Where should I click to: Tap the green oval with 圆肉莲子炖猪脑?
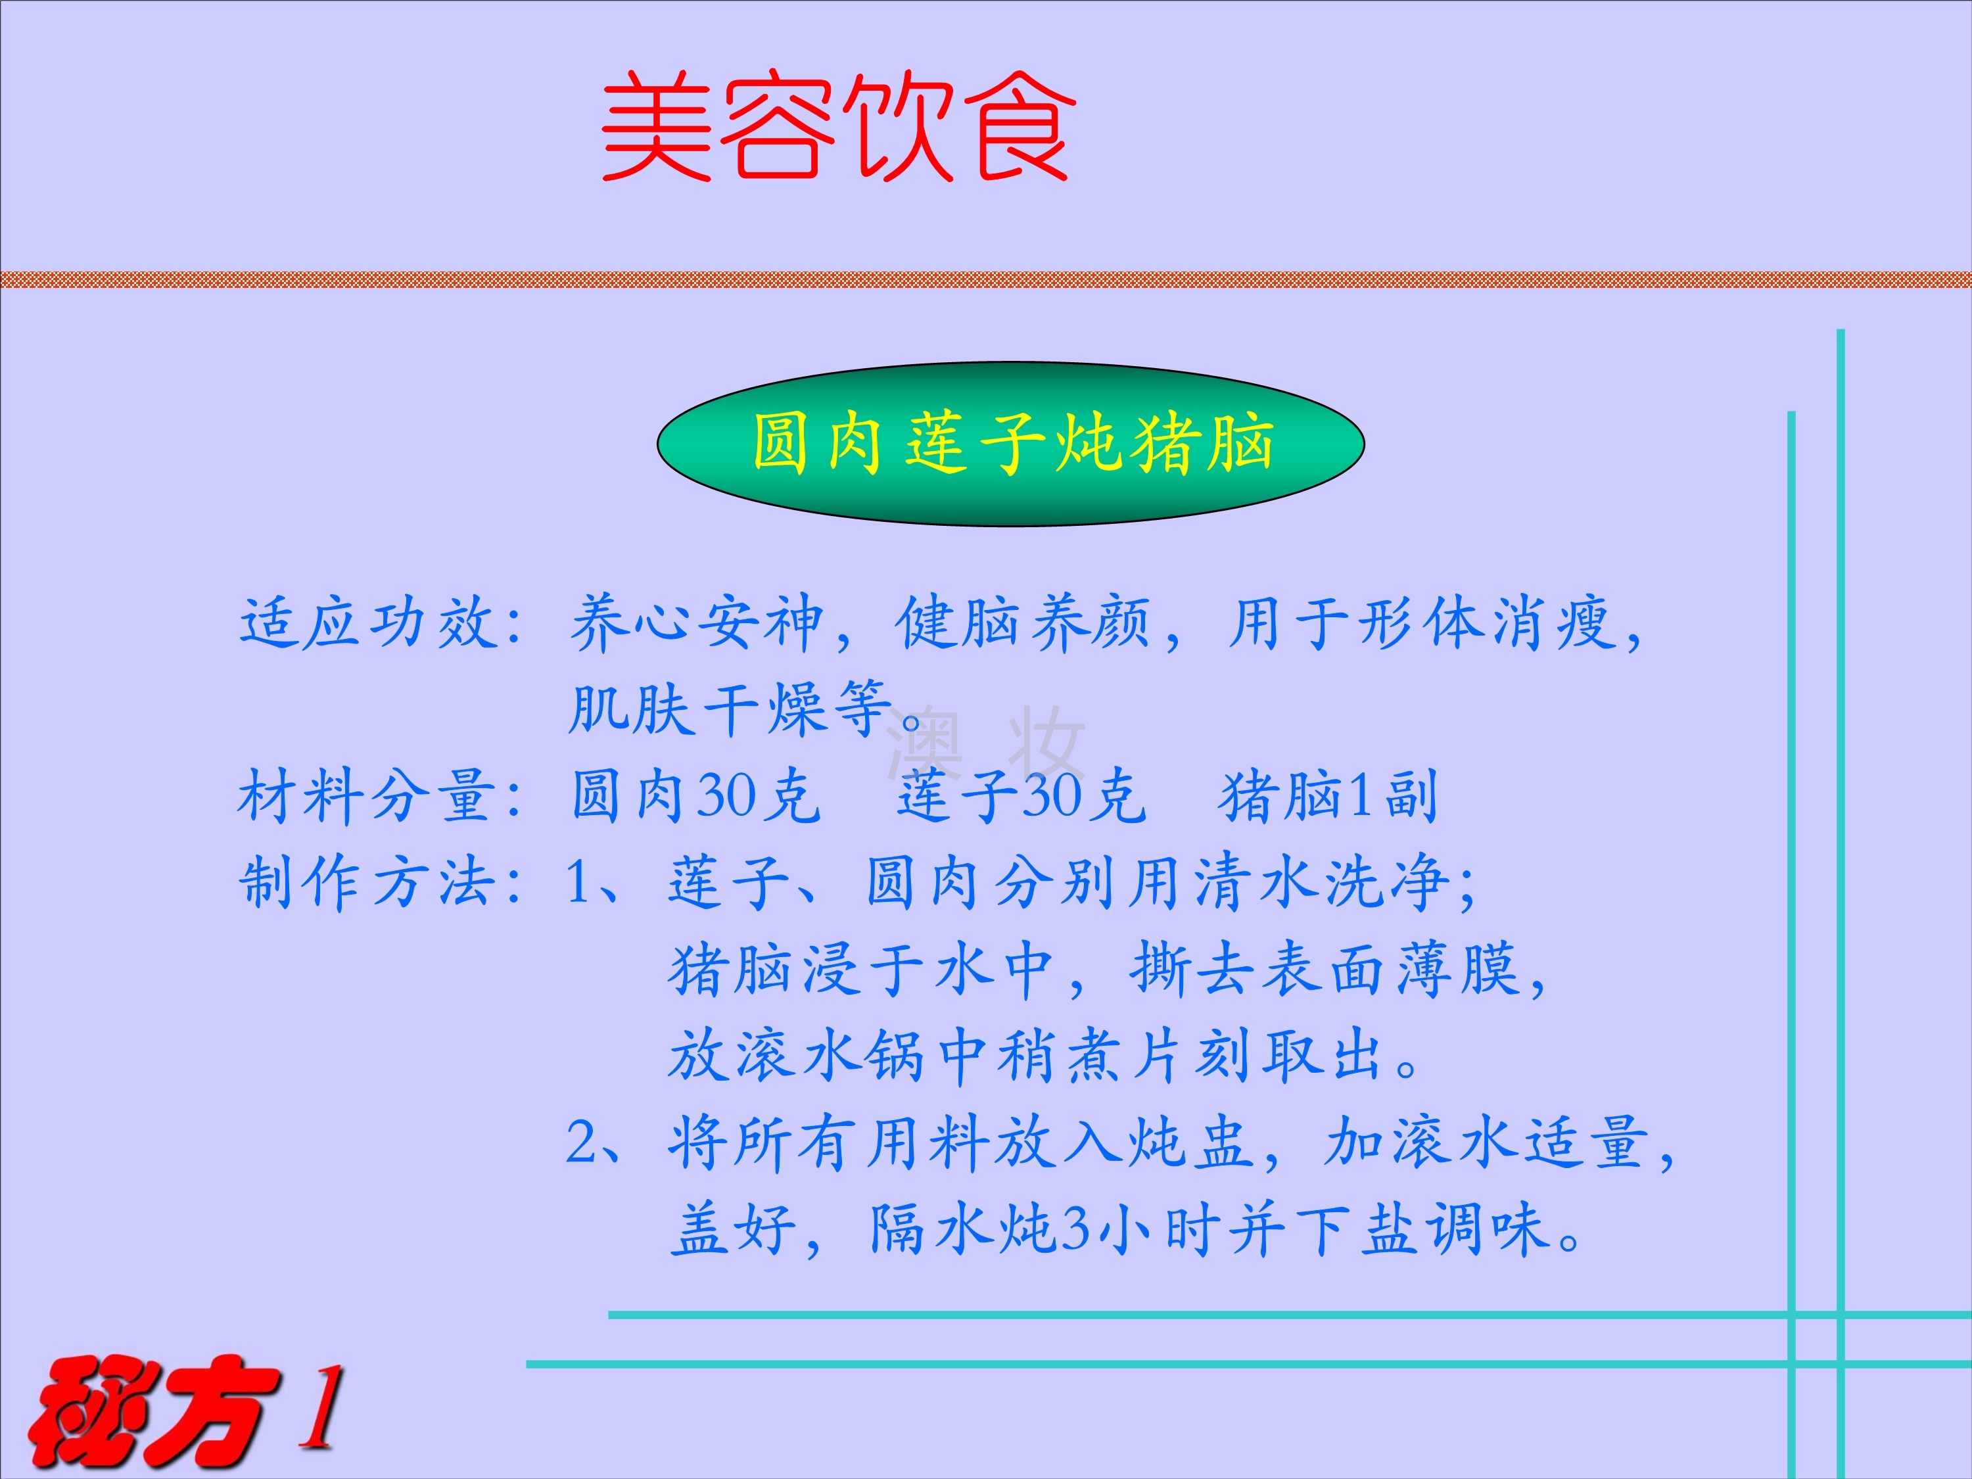point(1010,443)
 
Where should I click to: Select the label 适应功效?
point(368,622)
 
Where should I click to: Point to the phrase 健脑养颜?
point(1023,622)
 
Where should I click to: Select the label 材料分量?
point(368,796)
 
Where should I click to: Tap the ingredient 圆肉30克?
point(695,796)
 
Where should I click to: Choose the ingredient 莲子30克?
point(1021,796)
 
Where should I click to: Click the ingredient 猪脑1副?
point(1328,796)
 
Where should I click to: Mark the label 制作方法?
point(368,883)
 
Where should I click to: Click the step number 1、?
point(593,883)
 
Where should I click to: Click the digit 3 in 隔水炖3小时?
point(1077,1229)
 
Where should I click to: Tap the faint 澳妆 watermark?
point(986,741)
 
